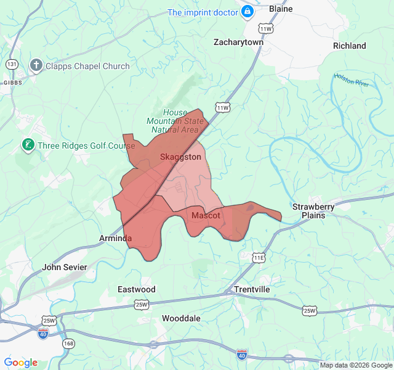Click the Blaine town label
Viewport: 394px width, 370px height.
[x=281, y=9]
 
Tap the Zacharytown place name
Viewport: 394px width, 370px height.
[x=238, y=43]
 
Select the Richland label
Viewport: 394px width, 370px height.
[x=349, y=46]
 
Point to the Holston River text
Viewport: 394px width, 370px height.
[x=352, y=80]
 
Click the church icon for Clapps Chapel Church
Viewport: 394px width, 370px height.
[x=36, y=65]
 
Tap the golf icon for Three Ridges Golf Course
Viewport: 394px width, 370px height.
[x=27, y=146]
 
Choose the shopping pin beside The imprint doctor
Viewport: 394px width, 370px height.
[x=247, y=12]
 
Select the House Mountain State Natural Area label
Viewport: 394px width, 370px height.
[x=175, y=121]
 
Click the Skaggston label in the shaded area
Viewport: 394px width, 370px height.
[x=180, y=157]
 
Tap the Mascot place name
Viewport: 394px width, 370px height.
[x=206, y=215]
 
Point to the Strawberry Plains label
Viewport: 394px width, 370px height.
[x=313, y=211]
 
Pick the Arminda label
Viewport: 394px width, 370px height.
[x=116, y=238]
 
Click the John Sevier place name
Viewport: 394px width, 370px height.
[x=65, y=268]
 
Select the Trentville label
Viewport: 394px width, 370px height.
[x=251, y=289]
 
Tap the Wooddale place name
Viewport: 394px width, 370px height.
[x=181, y=318]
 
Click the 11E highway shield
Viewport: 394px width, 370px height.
[x=259, y=257]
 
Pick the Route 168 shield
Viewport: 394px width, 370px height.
[x=68, y=343]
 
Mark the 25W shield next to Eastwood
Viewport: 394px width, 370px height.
[x=142, y=304]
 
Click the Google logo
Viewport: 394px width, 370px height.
[x=20, y=363]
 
